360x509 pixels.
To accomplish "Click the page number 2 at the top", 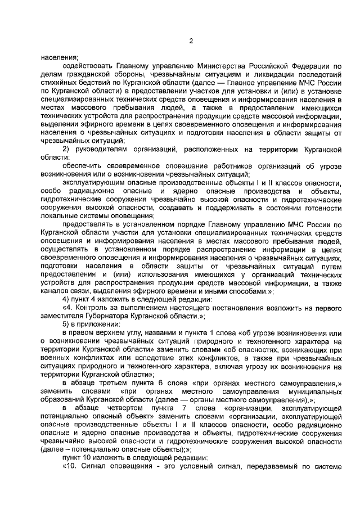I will click(192, 40).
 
